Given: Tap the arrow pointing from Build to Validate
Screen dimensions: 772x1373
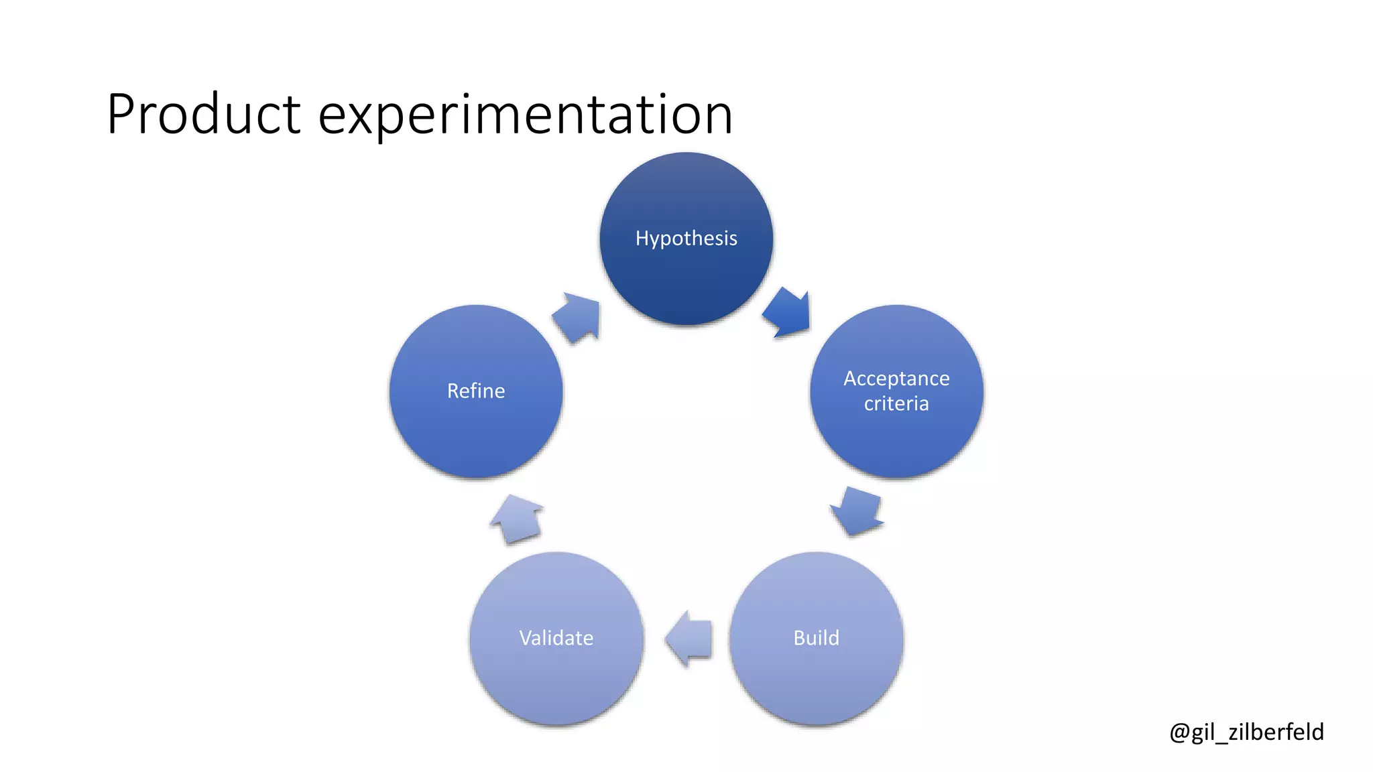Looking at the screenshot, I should coord(689,638).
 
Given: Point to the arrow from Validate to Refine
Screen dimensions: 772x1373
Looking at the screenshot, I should coord(517,519).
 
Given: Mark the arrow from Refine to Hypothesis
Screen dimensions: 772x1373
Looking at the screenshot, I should coord(577,318).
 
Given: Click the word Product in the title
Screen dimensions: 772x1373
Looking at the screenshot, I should coord(204,114).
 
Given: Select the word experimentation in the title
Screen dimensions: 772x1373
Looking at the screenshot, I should coord(525,115).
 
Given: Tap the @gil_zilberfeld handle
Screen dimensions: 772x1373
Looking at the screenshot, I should coord(1246,732).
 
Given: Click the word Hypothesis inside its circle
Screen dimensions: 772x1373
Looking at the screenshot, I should coord(686,239).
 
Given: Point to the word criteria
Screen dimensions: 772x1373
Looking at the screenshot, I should coord(896,403).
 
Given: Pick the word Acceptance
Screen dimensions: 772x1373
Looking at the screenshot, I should coord(896,379).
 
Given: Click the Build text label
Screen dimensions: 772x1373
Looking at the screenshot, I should coord(816,638).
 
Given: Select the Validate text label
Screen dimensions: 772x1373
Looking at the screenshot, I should coord(556,638).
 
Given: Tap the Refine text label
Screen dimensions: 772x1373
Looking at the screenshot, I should coord(476,391).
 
